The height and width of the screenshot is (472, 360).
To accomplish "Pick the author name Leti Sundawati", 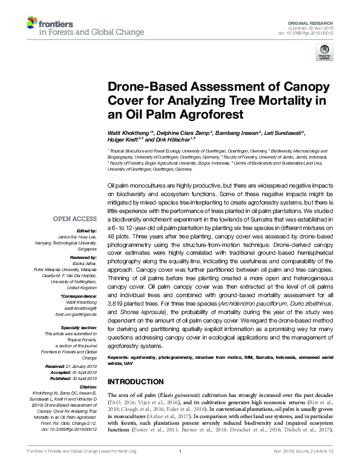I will tap(286, 132).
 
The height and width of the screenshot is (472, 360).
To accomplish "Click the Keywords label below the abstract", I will tap(120, 359).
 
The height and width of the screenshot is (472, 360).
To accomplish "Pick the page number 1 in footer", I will tap(180, 468).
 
